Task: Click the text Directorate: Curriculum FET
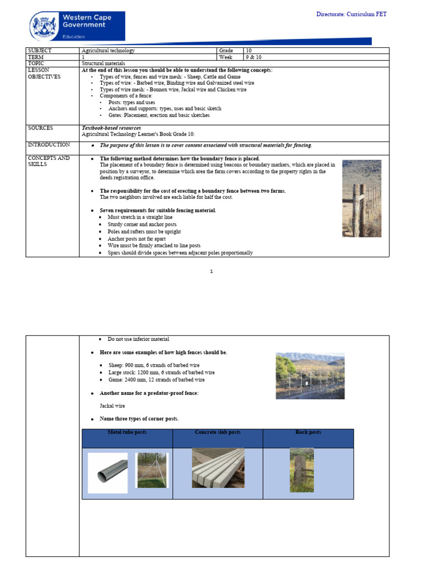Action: pyautogui.click(x=351, y=14)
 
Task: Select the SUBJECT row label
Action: pyautogui.click(x=40, y=51)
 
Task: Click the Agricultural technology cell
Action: pyautogui.click(x=108, y=51)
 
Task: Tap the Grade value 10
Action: pyautogui.click(x=249, y=51)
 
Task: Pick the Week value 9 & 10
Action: pyautogui.click(x=253, y=57)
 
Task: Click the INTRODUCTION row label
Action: pyautogui.click(x=48, y=145)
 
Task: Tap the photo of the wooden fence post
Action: pyautogui.click(x=361, y=198)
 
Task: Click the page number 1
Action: pyautogui.click(x=211, y=272)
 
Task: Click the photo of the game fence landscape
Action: pyautogui.click(x=310, y=376)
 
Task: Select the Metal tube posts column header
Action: pyautogui.click(x=127, y=433)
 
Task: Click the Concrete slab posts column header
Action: pyautogui.click(x=218, y=433)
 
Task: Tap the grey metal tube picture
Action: pyautogui.click(x=107, y=473)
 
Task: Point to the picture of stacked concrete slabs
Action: pyautogui.click(x=218, y=468)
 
